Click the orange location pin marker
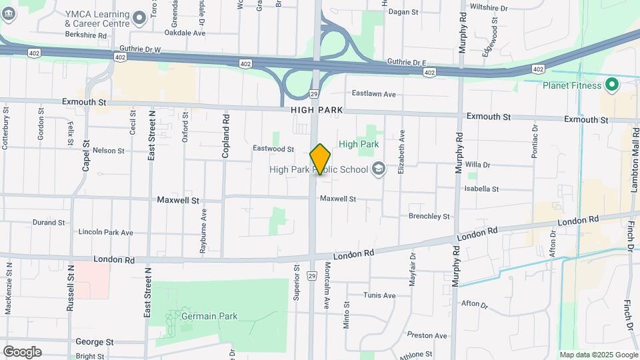[x=320, y=159]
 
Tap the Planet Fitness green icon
[x=612, y=85]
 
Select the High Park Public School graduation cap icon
[x=379, y=169]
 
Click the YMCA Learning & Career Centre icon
[x=139, y=17]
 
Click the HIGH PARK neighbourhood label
[x=317, y=109]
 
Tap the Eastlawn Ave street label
[x=374, y=94]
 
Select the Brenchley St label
[x=429, y=216]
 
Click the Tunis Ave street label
[x=379, y=295]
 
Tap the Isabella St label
[x=482, y=189]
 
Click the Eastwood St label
[x=273, y=149]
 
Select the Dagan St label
[x=403, y=12]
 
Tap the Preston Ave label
[x=421, y=335]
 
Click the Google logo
[x=22, y=352]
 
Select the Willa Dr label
[x=477, y=165]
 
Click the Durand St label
[x=49, y=223]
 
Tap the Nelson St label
[x=109, y=151]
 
